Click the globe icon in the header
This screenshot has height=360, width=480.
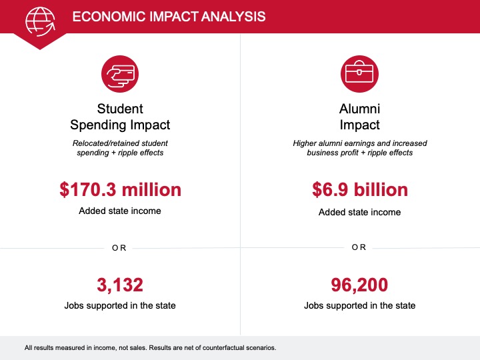[41, 21]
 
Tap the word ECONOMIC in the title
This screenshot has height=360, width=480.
[109, 17]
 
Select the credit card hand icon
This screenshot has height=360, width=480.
[120, 74]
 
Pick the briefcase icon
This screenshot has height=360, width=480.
[359, 74]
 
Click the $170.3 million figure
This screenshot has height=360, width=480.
[120, 189]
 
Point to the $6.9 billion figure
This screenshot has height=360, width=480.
[360, 189]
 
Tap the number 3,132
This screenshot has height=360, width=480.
[120, 285]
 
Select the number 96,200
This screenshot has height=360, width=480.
[359, 285]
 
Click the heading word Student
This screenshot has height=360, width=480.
[120, 109]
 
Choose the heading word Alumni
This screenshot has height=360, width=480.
[360, 109]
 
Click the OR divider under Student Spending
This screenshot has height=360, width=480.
[119, 247]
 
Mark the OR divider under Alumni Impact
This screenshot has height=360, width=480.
[359, 247]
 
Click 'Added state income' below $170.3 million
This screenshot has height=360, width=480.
[120, 211]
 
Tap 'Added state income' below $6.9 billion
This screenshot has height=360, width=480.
[360, 212]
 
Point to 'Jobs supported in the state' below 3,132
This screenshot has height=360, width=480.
[120, 305]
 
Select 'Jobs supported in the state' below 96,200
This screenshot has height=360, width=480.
[360, 305]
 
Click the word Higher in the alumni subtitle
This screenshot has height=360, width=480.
[304, 143]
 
